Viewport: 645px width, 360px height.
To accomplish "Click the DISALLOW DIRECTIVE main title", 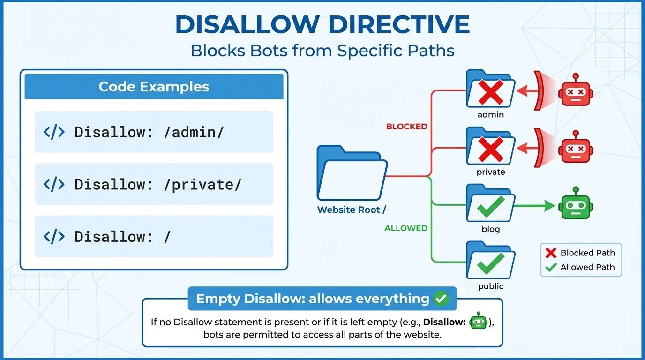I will pos(322,25).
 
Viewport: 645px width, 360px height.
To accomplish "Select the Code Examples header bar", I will pos(154,87).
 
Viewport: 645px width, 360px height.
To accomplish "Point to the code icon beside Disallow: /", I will pos(54,237).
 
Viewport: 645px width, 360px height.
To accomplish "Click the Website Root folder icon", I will pos(352,173).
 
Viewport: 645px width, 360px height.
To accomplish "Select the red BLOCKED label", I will pos(406,127).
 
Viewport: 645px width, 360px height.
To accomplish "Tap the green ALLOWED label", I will pos(406,228).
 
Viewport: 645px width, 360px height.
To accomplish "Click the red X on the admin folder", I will pos(490,92).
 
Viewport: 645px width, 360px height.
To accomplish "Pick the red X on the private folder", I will pos(490,150).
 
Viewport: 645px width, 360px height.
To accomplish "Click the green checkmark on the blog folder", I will pos(490,207).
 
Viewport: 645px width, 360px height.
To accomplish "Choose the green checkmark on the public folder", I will pos(490,264).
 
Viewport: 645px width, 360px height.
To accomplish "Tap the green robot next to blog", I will pos(576,205).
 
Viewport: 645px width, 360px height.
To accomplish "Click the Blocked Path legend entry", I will pos(581,253).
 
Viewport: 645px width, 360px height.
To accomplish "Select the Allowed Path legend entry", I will pos(581,267).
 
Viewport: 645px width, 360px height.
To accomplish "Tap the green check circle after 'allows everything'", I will pos(441,299).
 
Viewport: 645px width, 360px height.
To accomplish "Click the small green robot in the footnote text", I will pos(478,322).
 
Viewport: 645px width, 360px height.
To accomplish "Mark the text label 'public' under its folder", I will pos(491,286).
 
